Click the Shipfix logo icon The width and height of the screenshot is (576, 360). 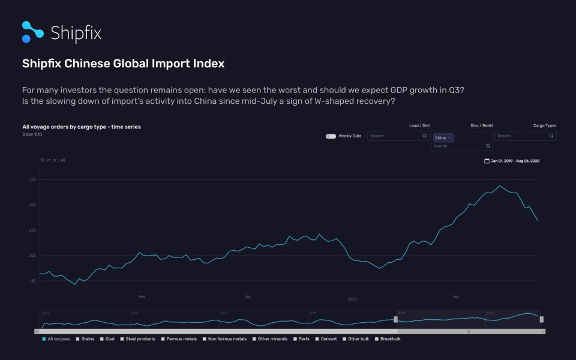32,32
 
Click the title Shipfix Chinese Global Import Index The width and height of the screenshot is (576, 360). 123,63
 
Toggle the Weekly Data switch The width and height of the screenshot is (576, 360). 331,136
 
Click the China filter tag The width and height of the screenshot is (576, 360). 443,138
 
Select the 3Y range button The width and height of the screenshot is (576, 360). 43,160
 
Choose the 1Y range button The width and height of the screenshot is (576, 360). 55,160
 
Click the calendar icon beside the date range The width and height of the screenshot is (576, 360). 487,161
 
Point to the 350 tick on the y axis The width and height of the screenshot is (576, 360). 32,179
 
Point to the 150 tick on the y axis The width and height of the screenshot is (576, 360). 32,281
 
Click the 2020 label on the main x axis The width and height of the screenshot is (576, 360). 353,298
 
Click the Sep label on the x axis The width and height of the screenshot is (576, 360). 247,296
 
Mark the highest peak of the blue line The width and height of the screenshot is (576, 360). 499,186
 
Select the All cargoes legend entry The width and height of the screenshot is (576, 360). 56,339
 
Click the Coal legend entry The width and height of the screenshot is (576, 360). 108,339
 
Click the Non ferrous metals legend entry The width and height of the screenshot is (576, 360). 226,339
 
